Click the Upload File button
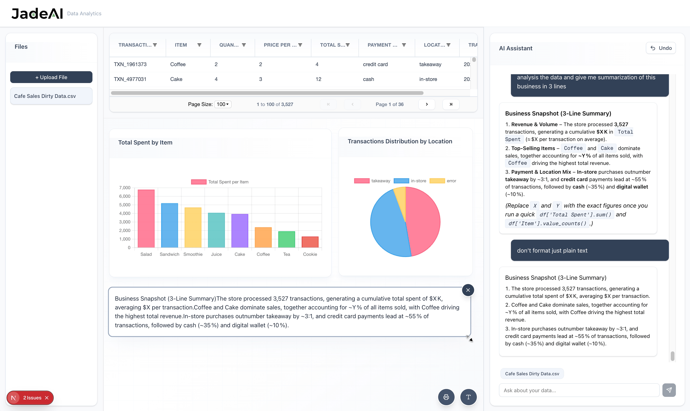[x=51, y=77]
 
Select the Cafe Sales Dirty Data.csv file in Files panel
[x=51, y=96]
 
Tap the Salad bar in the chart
[x=146, y=218]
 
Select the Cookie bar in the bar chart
[x=310, y=242]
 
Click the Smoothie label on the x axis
[x=193, y=254]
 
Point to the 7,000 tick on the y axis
[x=125, y=188]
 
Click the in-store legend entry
[x=410, y=181]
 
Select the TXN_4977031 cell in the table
[x=130, y=79]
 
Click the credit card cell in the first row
[x=375, y=64]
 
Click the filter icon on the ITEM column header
[x=199, y=45]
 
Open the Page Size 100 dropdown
[x=223, y=104]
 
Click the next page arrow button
[x=427, y=104]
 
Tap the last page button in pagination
[x=451, y=104]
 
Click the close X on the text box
[x=468, y=290]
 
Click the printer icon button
[x=446, y=397]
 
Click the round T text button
[x=468, y=397]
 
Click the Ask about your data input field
[x=579, y=390]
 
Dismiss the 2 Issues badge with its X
[x=47, y=398]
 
